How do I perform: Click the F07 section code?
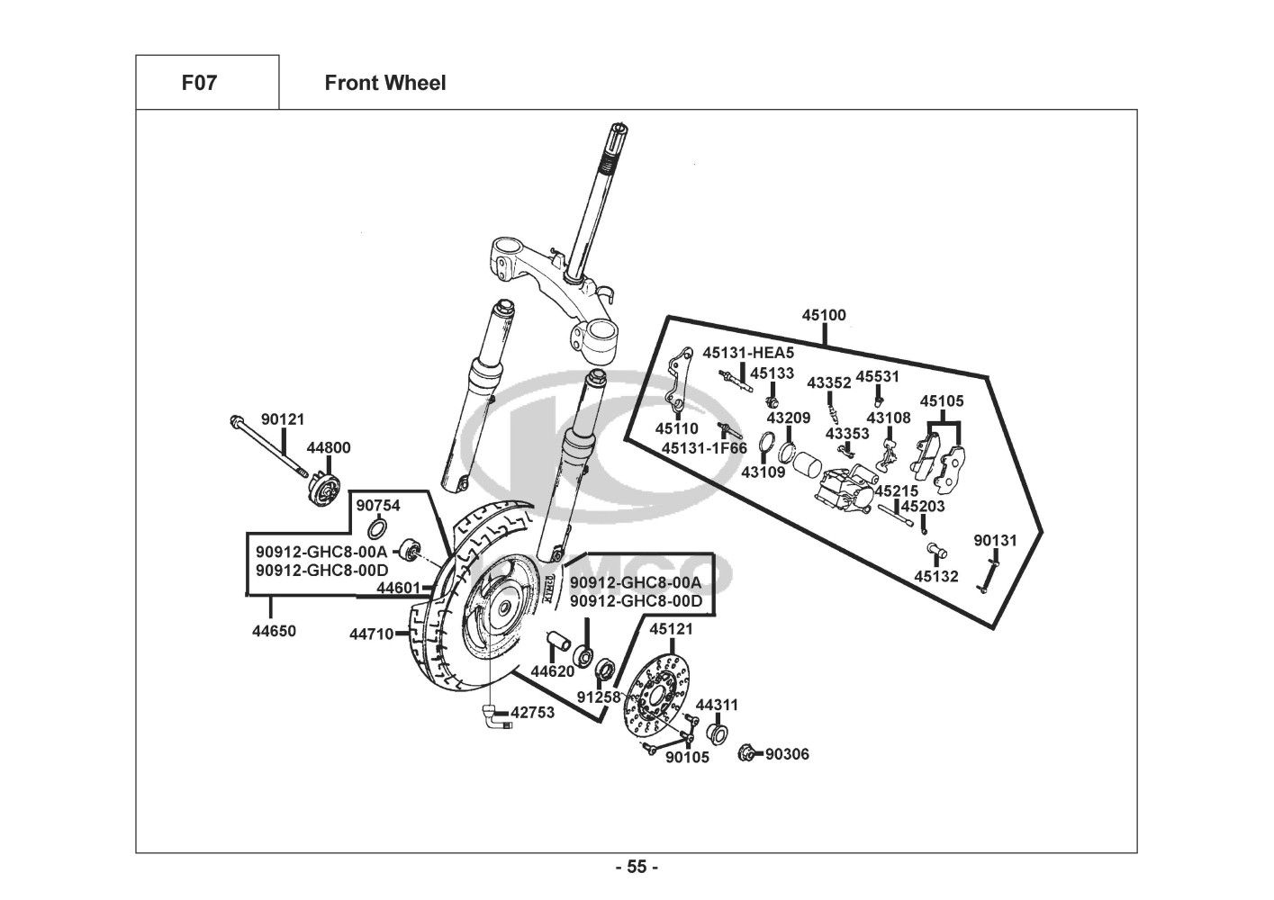[199, 83]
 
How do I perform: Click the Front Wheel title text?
[384, 83]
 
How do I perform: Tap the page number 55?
[637, 867]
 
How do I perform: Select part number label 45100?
[824, 316]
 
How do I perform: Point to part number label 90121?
[283, 419]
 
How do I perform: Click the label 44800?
[329, 448]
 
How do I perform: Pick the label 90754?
[378, 506]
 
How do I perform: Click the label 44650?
[274, 631]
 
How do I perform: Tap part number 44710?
[372, 634]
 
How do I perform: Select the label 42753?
[532, 712]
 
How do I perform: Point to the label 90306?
[787, 754]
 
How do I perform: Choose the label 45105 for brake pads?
[942, 400]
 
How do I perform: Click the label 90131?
[995, 541]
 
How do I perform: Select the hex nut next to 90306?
[745, 753]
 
